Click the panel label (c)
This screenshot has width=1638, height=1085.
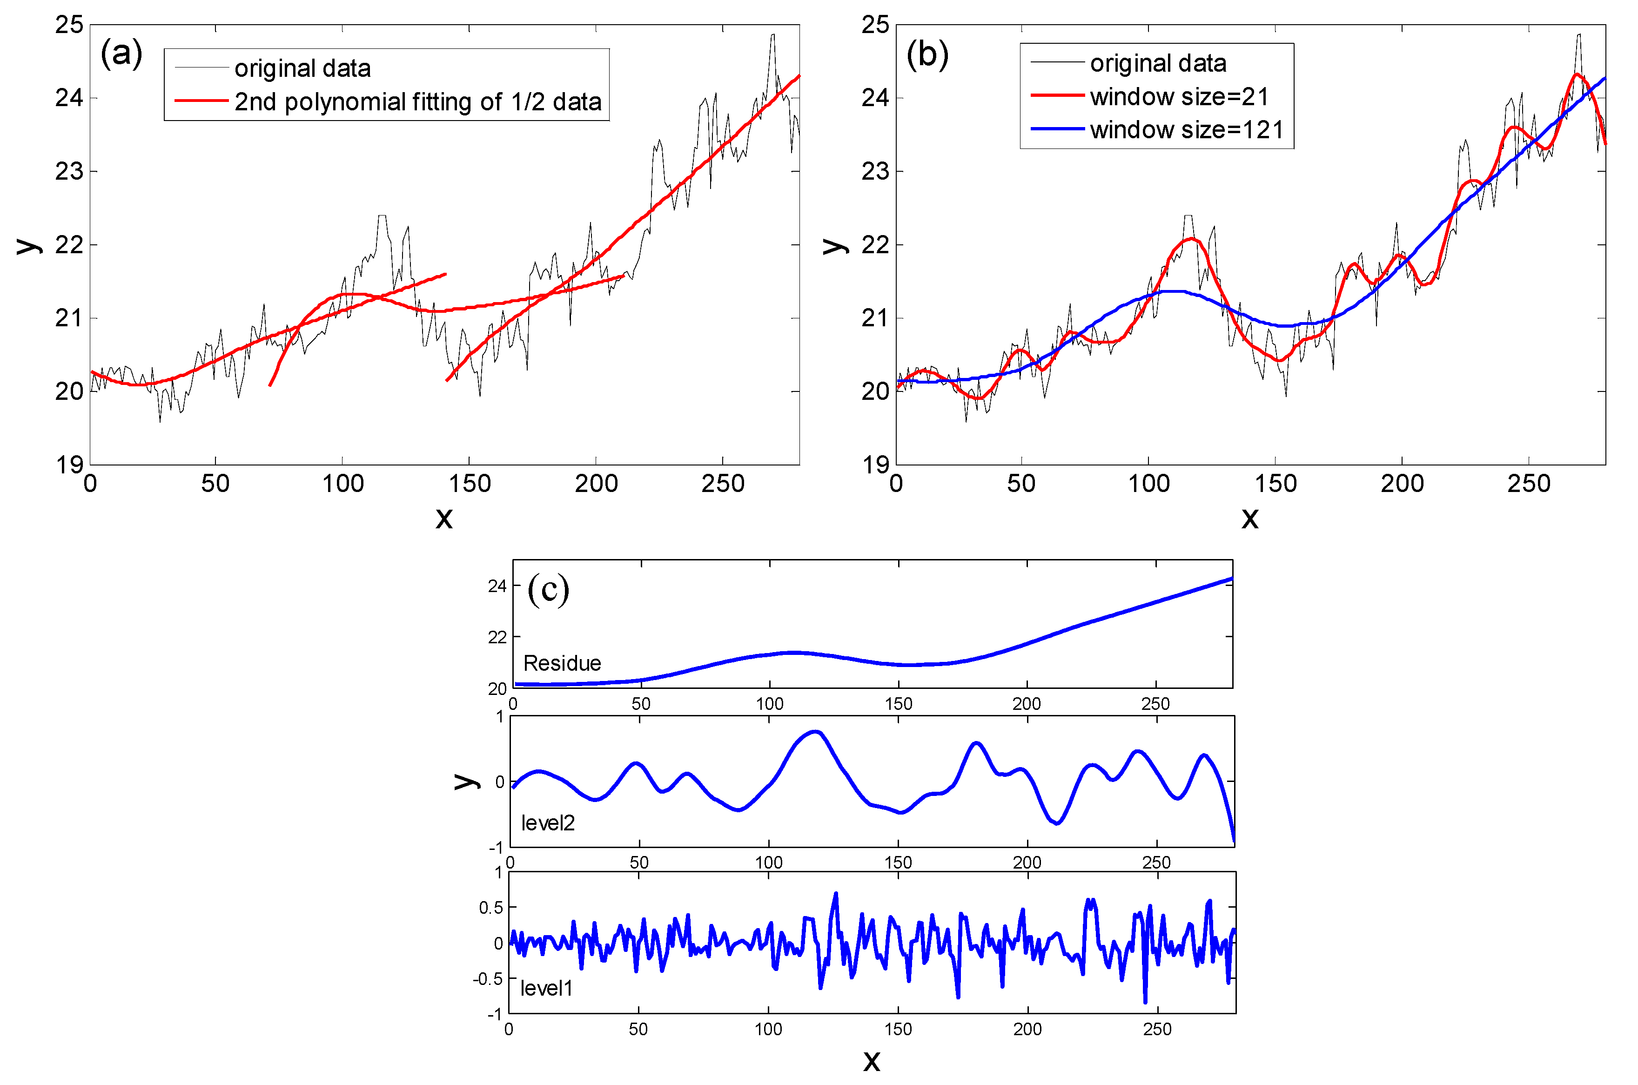(x=548, y=590)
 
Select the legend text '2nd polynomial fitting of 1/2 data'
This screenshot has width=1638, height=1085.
(x=418, y=102)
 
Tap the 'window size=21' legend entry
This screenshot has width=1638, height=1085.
(x=1179, y=97)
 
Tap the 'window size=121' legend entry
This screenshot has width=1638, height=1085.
(x=1186, y=130)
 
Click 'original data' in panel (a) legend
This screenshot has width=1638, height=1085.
(x=302, y=68)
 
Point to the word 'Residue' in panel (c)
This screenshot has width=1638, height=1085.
(x=562, y=663)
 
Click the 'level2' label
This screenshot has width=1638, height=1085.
(x=547, y=823)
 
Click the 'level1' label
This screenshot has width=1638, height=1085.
(x=546, y=988)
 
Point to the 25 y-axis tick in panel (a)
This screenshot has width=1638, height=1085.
(x=69, y=25)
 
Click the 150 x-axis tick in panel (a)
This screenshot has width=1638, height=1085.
(x=469, y=484)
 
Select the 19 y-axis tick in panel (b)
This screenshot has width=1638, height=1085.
(x=875, y=465)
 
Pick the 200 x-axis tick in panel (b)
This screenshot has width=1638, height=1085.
(x=1402, y=484)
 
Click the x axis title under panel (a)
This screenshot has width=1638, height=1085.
(x=444, y=518)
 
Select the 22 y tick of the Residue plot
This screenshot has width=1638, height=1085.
(x=497, y=637)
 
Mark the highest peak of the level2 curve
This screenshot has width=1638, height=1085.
(x=816, y=731)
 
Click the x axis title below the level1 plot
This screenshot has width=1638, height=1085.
(x=872, y=1060)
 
